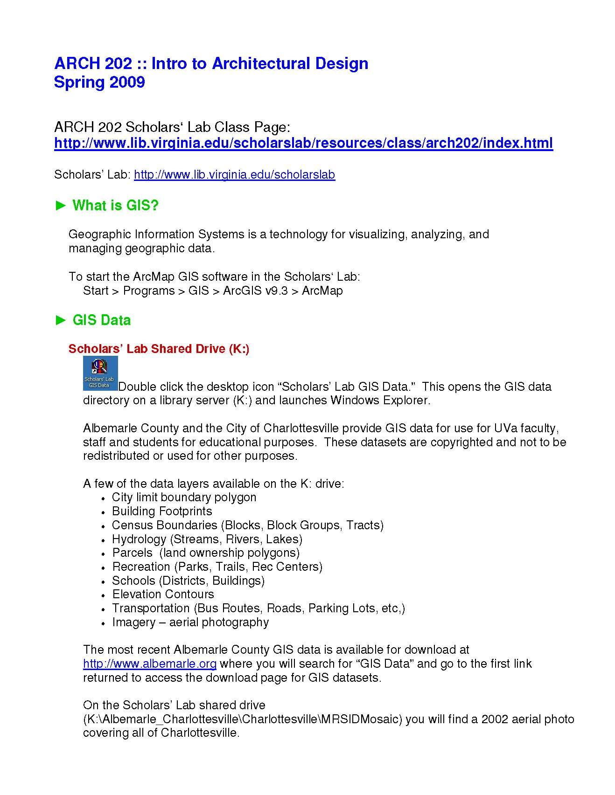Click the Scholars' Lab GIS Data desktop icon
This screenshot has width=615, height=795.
[100, 373]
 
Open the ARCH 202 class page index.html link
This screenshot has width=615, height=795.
[303, 143]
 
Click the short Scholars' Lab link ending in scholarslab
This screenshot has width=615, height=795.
[234, 175]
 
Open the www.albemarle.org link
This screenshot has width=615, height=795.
[149, 664]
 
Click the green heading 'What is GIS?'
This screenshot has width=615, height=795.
[115, 206]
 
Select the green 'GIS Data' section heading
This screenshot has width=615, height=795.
[101, 320]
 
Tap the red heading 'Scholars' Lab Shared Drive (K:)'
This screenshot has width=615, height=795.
[159, 349]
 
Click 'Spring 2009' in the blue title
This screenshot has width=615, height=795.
[99, 83]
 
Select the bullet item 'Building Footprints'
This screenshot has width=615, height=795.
[162, 512]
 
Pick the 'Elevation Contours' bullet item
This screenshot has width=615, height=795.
[163, 595]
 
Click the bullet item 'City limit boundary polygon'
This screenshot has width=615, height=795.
[184, 498]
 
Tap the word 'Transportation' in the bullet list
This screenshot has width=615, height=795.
[151, 608]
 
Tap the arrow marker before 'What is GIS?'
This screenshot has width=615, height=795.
[61, 206]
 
